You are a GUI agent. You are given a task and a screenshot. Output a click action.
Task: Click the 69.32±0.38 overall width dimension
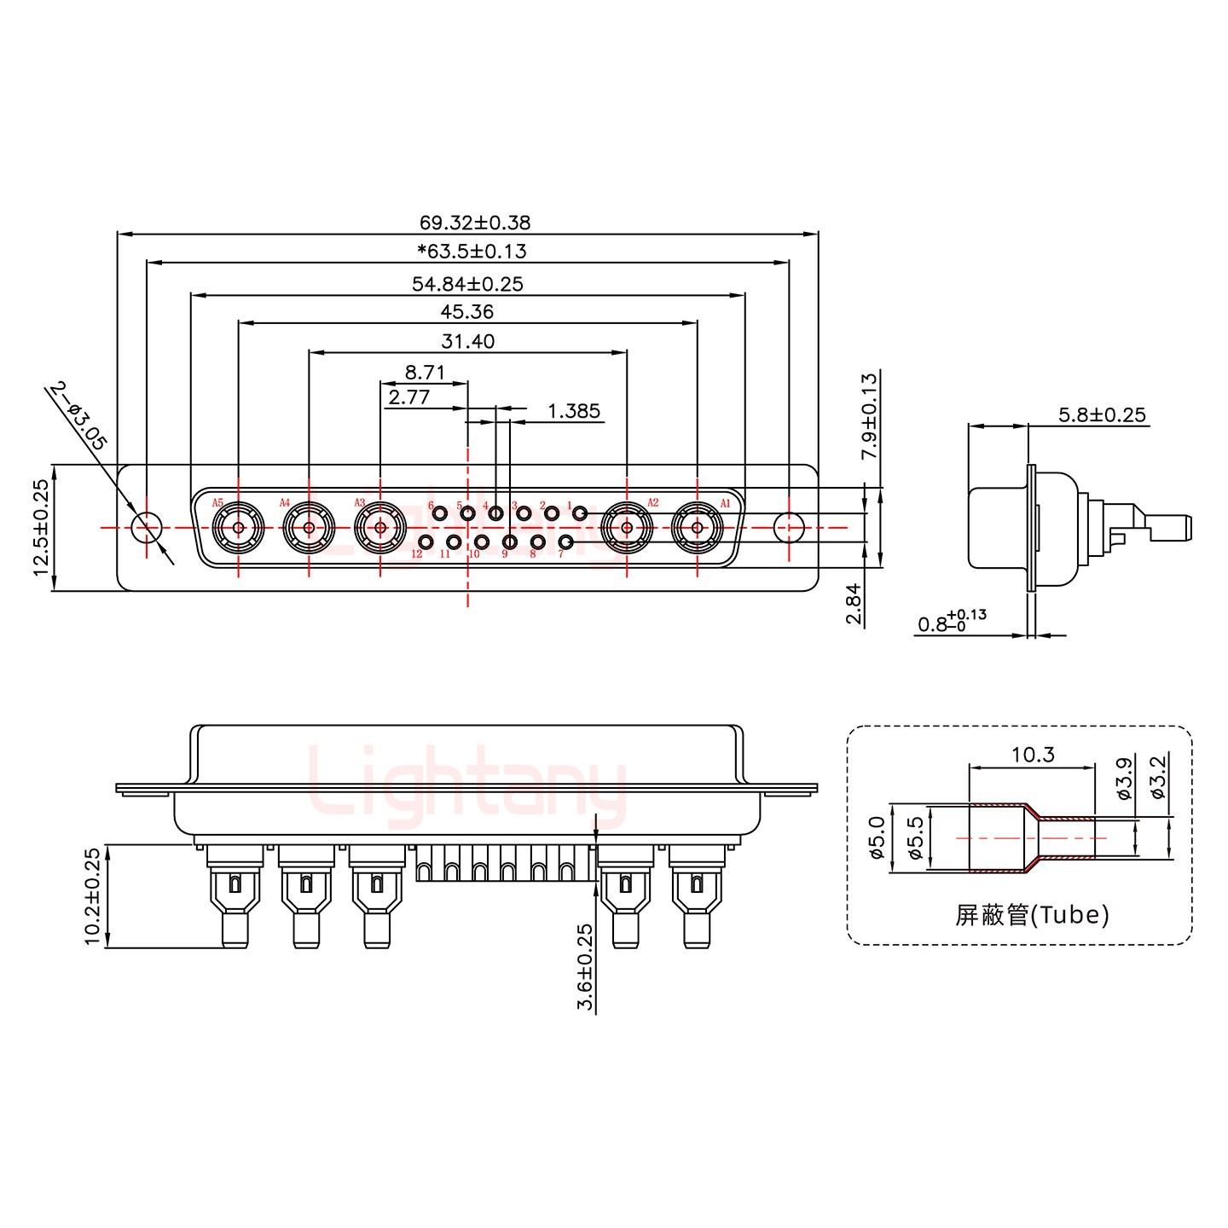[x=474, y=223]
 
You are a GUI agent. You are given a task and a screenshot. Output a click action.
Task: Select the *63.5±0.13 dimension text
[x=472, y=252]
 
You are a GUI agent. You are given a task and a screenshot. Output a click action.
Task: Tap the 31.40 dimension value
[x=467, y=342]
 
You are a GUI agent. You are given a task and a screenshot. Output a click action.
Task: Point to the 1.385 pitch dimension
[x=573, y=412]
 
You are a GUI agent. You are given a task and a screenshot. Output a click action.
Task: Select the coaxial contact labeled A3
[x=379, y=528]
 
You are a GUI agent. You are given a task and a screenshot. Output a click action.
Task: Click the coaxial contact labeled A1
[x=698, y=528]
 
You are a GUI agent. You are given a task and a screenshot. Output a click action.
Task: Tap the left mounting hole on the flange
[x=147, y=528]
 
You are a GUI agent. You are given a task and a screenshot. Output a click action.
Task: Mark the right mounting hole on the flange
[x=789, y=528]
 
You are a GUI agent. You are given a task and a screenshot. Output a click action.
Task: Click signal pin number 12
[x=426, y=542]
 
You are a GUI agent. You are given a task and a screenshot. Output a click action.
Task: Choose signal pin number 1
[x=579, y=513]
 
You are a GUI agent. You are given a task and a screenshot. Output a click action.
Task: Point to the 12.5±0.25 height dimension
[x=41, y=527]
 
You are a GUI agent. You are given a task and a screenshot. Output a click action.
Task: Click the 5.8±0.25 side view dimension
[x=1102, y=415]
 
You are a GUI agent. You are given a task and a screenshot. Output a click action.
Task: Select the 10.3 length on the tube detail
[x=1033, y=755]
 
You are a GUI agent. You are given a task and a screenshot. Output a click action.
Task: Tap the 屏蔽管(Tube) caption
[x=1032, y=915]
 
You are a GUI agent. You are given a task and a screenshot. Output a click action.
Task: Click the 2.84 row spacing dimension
[x=854, y=604]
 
